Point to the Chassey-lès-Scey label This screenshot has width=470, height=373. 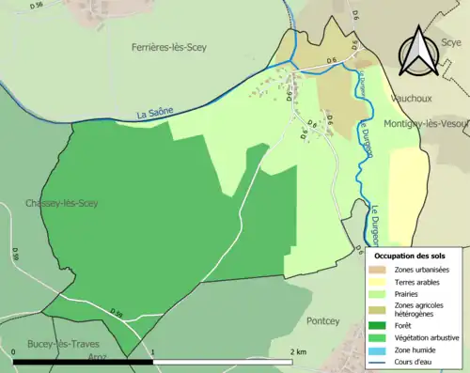(60, 203)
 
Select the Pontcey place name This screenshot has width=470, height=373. (325, 319)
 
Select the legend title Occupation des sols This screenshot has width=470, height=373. (410, 256)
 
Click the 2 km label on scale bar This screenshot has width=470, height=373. (297, 351)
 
